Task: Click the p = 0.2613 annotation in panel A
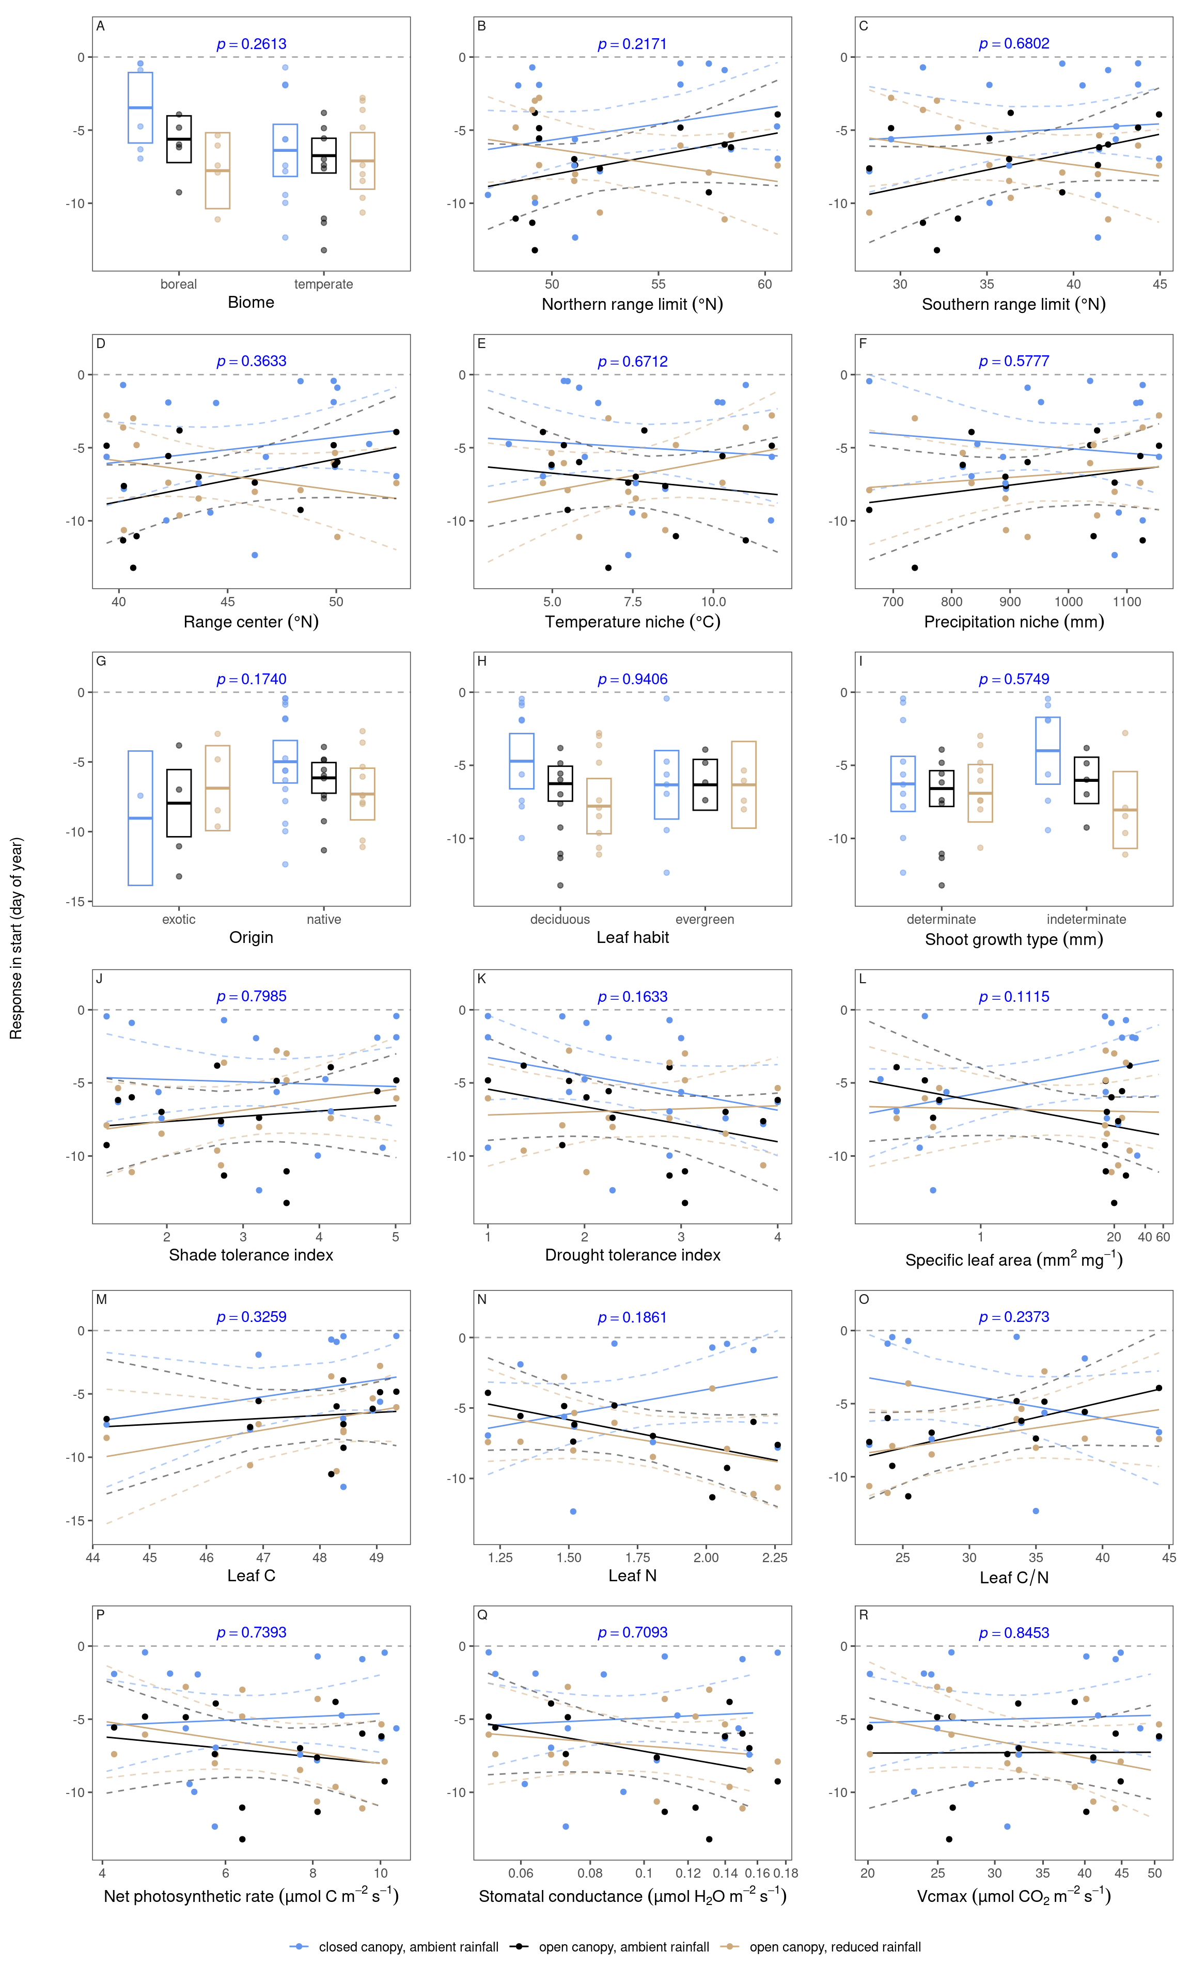(251, 44)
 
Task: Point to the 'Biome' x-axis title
(251, 302)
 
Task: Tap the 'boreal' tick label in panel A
(178, 284)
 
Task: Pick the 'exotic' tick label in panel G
(178, 919)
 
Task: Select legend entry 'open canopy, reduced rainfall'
(835, 1947)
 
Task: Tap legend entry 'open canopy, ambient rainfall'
(623, 1947)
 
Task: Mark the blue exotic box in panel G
(140, 817)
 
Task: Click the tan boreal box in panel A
(217, 171)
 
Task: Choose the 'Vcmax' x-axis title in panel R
(1013, 1896)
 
